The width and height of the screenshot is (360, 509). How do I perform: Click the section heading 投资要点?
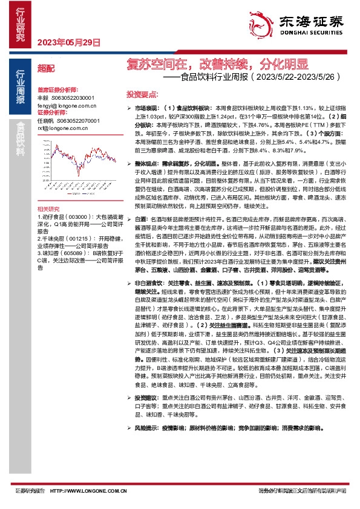pos(142,95)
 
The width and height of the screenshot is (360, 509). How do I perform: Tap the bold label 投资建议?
pos(147,398)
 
